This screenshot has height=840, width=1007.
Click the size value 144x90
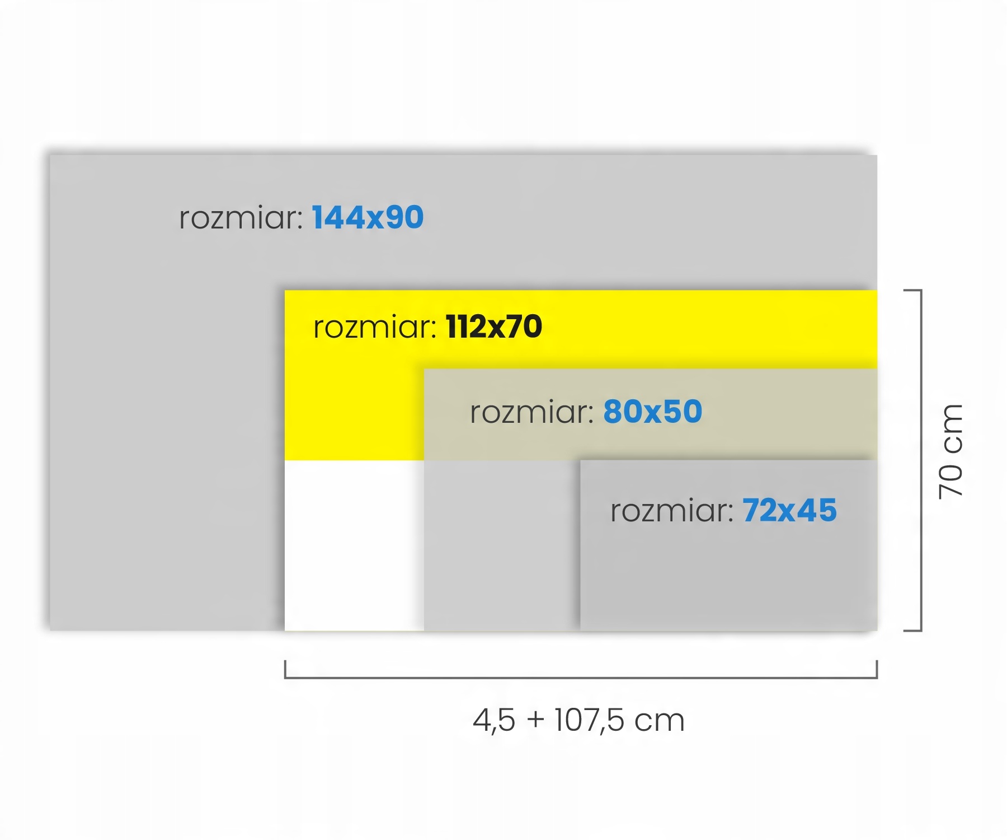click(x=368, y=217)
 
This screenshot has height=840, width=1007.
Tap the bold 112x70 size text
click(x=494, y=326)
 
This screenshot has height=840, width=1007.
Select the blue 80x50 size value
click(x=652, y=412)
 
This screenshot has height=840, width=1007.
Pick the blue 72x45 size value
click(x=789, y=510)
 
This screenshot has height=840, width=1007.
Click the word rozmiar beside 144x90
click(x=241, y=218)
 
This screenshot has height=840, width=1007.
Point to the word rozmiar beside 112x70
click(x=374, y=327)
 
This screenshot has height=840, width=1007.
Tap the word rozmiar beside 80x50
click(x=531, y=412)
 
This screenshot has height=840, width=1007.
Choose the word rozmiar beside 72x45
click(x=671, y=511)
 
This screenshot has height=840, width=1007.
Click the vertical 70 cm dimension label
click(x=950, y=451)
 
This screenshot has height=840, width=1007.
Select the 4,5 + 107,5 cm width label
click(x=578, y=720)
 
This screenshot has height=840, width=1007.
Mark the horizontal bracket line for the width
click(x=581, y=678)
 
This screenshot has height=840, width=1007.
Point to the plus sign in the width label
click(x=535, y=719)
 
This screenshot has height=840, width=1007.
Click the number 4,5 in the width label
click(x=493, y=720)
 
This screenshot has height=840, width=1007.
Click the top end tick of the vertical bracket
click(x=912, y=291)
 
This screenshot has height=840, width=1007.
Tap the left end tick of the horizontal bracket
click(x=285, y=669)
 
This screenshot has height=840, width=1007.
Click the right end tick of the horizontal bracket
click(x=877, y=669)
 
